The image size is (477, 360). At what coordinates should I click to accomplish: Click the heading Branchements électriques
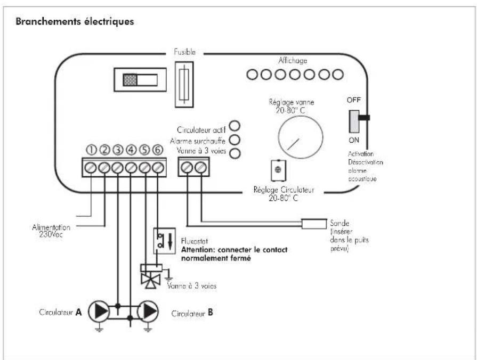(75, 22)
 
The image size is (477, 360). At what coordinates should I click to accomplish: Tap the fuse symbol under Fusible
(184, 85)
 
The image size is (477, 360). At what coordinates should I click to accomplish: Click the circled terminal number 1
(91, 150)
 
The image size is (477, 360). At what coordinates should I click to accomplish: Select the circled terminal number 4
(131, 150)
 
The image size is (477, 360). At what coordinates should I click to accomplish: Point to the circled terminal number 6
(158, 150)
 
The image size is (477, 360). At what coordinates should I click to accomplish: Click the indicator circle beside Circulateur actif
(235, 126)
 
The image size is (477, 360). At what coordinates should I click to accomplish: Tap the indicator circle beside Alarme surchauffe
(235, 140)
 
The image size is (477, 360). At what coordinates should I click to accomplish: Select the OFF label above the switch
(353, 100)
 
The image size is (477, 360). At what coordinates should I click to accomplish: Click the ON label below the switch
(354, 140)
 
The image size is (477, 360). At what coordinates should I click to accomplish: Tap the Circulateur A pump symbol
(99, 312)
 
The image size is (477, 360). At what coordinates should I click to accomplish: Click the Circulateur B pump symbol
(148, 312)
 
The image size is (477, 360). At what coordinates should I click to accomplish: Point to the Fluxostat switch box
(165, 241)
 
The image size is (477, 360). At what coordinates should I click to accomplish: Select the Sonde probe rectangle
(314, 224)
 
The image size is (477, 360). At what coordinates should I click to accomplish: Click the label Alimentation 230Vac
(51, 231)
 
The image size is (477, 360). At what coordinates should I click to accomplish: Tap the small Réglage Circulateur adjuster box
(278, 170)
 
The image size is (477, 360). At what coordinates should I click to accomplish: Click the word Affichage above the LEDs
(293, 61)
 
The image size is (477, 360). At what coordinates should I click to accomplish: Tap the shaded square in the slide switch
(130, 80)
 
